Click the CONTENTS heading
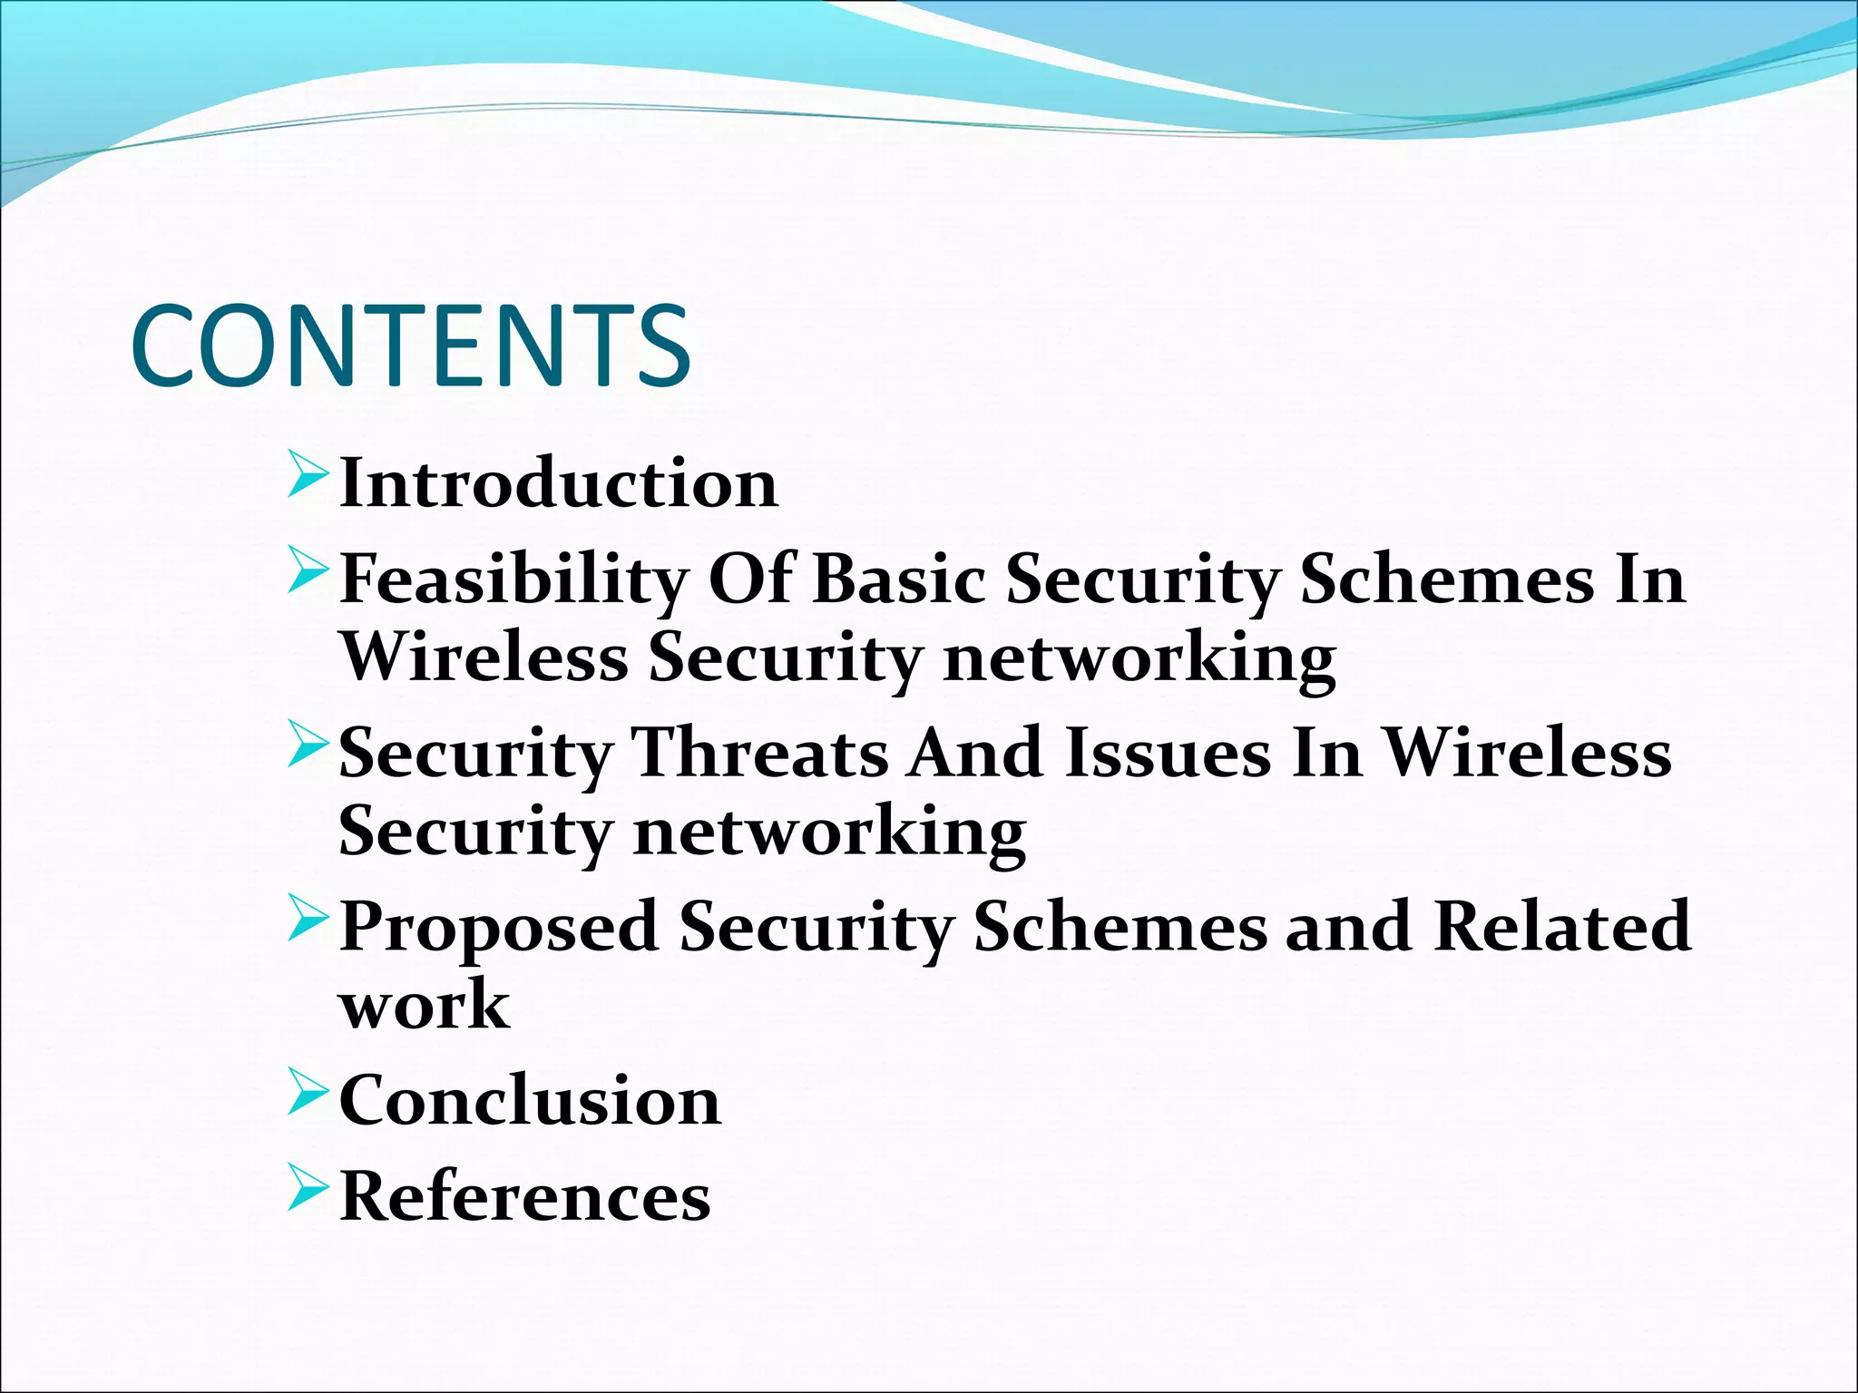(411, 346)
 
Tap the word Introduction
(558, 483)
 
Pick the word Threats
(760, 753)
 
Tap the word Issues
(1168, 753)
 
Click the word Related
(1562, 926)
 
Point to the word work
(424, 1005)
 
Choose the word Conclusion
(530, 1101)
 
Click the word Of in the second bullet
(749, 579)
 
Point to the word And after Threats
(976, 753)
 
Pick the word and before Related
(1348, 926)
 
